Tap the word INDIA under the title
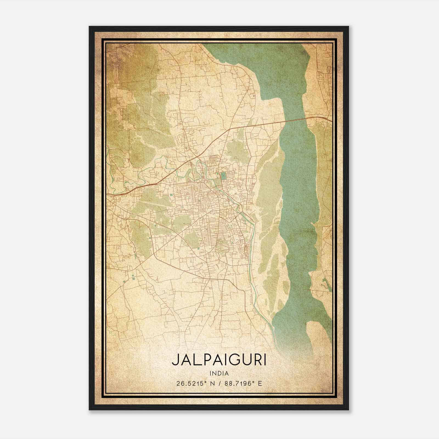[x=219, y=373]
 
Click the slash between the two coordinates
[x=219, y=383]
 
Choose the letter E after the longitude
[x=260, y=383]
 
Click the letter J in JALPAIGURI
[x=175, y=361]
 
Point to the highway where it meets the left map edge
[x=107, y=195]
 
